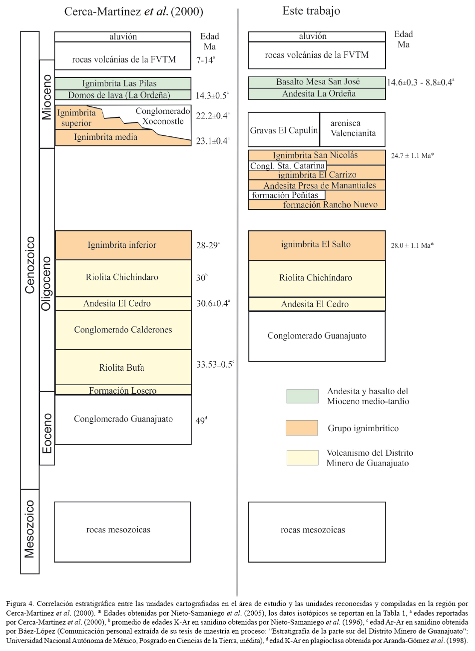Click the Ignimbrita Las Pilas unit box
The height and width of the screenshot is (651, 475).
[123, 83]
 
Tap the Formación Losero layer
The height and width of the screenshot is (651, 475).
[123, 390]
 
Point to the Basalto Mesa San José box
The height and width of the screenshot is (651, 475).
[317, 82]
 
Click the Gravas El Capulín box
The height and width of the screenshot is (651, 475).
[284, 130]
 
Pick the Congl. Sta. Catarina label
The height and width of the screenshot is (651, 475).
[288, 165]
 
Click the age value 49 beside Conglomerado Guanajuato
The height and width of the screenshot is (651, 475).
[201, 421]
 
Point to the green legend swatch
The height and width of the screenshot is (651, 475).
[302, 396]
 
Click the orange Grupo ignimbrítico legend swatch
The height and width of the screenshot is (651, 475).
[302, 428]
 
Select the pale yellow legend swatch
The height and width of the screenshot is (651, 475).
[302, 458]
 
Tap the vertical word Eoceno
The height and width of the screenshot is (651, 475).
[47, 433]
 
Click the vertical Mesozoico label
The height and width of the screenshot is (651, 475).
[30, 529]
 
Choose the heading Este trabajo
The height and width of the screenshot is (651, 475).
[311, 11]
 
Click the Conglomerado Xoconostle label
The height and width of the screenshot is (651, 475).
[163, 116]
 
